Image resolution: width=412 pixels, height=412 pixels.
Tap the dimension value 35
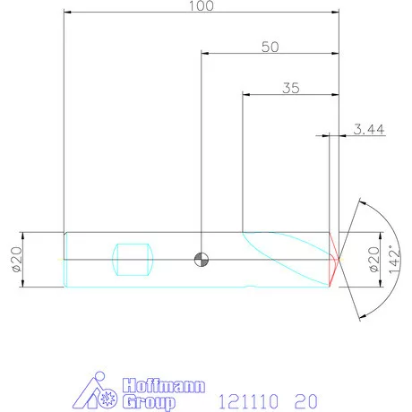tap(290, 88)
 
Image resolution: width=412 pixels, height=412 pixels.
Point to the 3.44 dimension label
tap(368, 130)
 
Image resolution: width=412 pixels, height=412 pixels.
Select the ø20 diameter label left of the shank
tap(15, 260)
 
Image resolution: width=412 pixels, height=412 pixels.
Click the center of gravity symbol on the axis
tap(202, 260)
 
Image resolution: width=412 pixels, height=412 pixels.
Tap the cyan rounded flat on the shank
tap(135, 260)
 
